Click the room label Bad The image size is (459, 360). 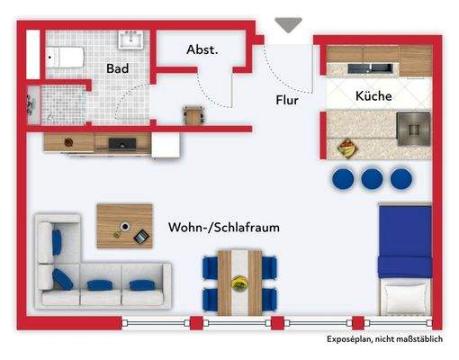(x=116, y=67)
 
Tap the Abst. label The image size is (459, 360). (x=202, y=50)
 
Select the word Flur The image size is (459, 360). (x=287, y=100)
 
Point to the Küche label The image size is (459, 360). (x=373, y=95)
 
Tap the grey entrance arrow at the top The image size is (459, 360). (x=288, y=25)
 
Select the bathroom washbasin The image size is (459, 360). (x=132, y=39)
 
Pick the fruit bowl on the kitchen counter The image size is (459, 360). (x=346, y=147)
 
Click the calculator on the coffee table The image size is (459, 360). (x=139, y=236)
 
